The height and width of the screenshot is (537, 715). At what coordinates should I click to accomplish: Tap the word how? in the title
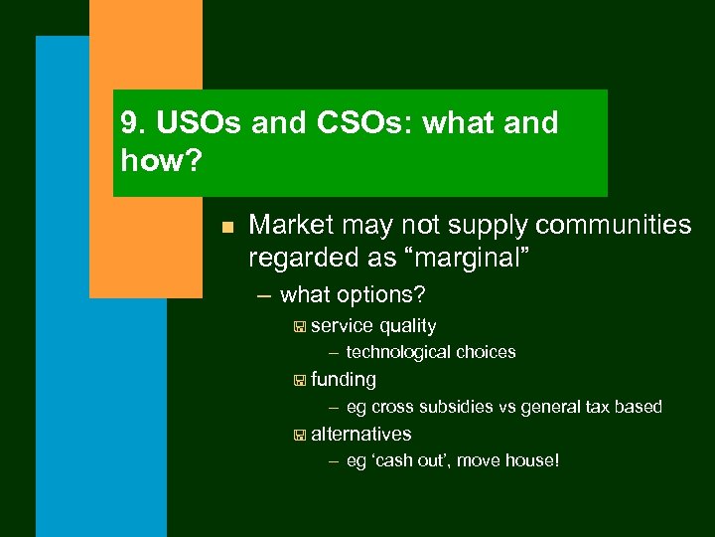[162, 159]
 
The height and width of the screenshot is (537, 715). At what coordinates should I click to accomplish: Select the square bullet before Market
[226, 228]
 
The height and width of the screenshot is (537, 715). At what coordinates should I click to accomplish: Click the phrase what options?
[353, 295]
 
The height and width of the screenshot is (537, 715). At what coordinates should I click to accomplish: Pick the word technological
[398, 352]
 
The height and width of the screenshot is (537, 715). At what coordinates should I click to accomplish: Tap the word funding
[344, 379]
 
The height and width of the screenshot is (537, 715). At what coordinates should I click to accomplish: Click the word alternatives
[361, 434]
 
